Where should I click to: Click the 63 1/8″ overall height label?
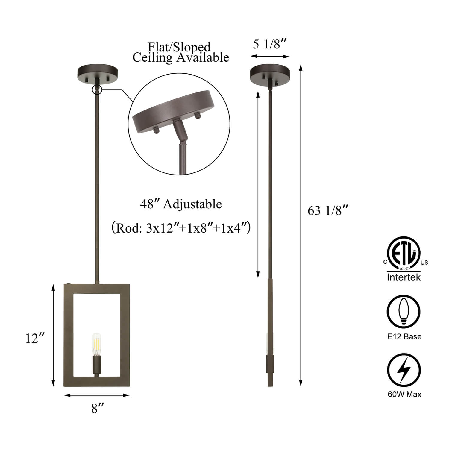click(x=328, y=210)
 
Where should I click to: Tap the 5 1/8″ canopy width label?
click(x=270, y=44)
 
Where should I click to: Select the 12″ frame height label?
click(x=35, y=338)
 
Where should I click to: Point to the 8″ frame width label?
click(x=98, y=408)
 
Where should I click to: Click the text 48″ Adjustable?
click(x=181, y=204)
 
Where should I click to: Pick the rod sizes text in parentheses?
click(x=181, y=228)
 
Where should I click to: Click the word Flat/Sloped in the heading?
click(x=179, y=47)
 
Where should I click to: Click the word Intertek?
click(x=404, y=277)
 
